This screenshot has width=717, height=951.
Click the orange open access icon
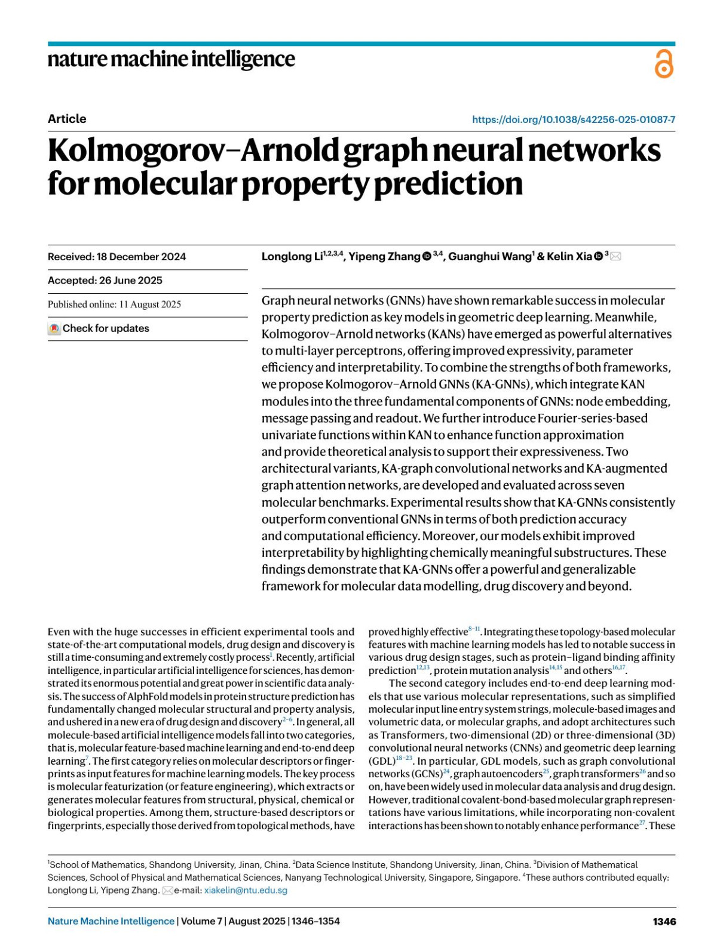(663, 64)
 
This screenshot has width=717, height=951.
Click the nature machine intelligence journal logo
(171, 59)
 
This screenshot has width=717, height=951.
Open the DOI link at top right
(573, 119)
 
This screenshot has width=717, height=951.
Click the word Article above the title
(67, 119)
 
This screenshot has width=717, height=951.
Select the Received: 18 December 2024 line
(117, 257)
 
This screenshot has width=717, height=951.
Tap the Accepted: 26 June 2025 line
(105, 281)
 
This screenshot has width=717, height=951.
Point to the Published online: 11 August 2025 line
(114, 304)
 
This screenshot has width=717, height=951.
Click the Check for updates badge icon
(54, 328)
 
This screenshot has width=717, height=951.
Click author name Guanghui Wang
(489, 257)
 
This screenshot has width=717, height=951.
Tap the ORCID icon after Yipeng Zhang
(427, 257)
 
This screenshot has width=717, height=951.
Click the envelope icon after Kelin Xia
(615, 257)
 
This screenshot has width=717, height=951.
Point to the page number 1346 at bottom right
(664, 921)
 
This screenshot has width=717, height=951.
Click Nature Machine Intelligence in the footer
(111, 921)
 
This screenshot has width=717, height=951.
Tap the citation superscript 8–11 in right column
(474, 629)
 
